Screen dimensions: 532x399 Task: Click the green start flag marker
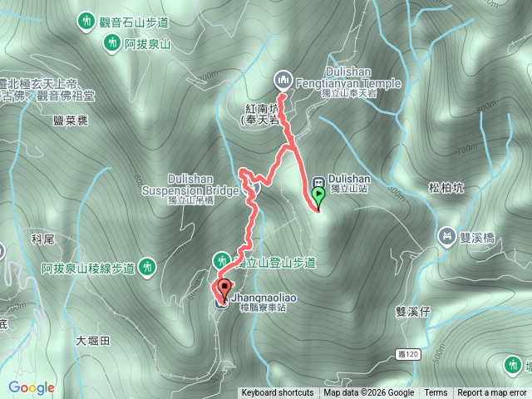(x=318, y=197)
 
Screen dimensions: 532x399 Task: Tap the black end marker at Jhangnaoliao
(x=223, y=290)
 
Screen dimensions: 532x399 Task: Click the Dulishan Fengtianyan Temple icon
(x=281, y=79)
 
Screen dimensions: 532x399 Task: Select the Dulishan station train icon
(x=318, y=184)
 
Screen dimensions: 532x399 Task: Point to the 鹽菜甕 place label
(x=70, y=121)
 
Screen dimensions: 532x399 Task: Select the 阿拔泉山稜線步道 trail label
(x=88, y=268)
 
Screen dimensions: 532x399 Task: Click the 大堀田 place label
(x=92, y=340)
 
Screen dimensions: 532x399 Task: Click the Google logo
(x=32, y=387)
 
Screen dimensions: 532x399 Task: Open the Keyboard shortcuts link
(x=278, y=393)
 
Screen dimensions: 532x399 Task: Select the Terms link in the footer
(x=436, y=393)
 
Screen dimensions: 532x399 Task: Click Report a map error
(x=492, y=393)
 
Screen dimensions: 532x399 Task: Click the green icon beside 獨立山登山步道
(x=222, y=259)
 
